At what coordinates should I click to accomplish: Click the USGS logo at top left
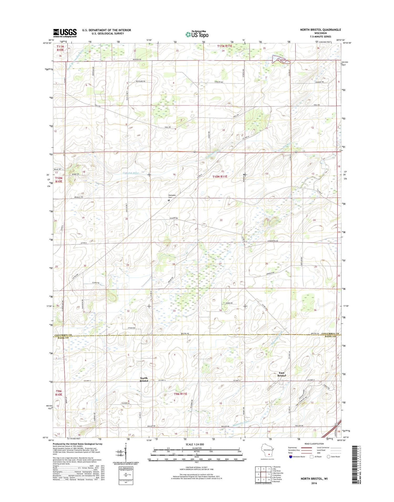click(x=65, y=33)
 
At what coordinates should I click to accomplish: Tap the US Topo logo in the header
click(x=197, y=34)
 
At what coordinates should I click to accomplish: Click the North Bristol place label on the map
click(x=144, y=379)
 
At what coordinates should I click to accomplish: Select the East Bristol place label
click(x=281, y=374)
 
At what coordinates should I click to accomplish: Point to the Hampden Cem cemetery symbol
click(x=169, y=200)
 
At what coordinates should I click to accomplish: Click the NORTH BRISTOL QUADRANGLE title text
click(x=320, y=30)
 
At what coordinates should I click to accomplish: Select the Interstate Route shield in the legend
click(x=291, y=457)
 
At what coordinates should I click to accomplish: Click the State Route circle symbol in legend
click(x=328, y=457)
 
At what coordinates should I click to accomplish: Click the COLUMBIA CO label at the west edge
click(x=63, y=335)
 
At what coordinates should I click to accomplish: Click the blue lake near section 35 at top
click(x=280, y=59)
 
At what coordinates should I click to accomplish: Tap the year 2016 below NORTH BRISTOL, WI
click(x=314, y=483)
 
